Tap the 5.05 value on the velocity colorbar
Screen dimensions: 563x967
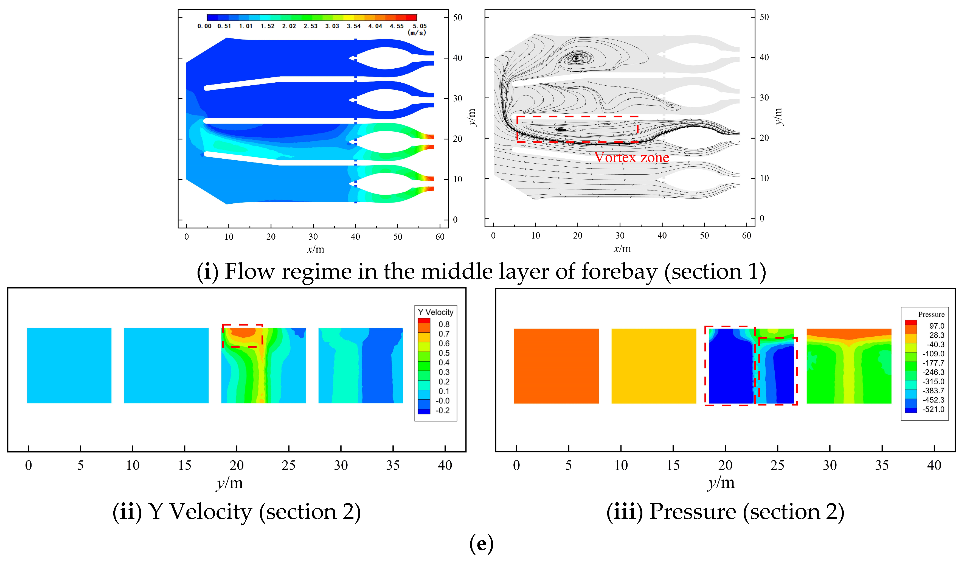(x=419, y=26)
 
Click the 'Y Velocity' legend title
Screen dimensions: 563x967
(x=435, y=312)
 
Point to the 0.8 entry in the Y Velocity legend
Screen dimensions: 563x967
(x=444, y=324)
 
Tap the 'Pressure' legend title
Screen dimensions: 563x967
(x=931, y=315)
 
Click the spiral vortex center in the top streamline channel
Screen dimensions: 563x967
(x=576, y=58)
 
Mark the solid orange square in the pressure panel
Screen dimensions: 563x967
(x=556, y=366)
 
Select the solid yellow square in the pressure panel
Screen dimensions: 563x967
(x=653, y=366)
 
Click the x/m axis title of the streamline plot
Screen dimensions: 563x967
(x=622, y=249)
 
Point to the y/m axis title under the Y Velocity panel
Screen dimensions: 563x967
(x=229, y=483)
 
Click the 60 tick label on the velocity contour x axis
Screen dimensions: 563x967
(x=440, y=237)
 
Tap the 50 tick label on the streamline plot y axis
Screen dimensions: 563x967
(x=764, y=17)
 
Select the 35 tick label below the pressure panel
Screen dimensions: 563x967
(x=882, y=466)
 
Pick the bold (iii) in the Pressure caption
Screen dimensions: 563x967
(x=624, y=512)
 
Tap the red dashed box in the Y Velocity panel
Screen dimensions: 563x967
(x=243, y=336)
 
